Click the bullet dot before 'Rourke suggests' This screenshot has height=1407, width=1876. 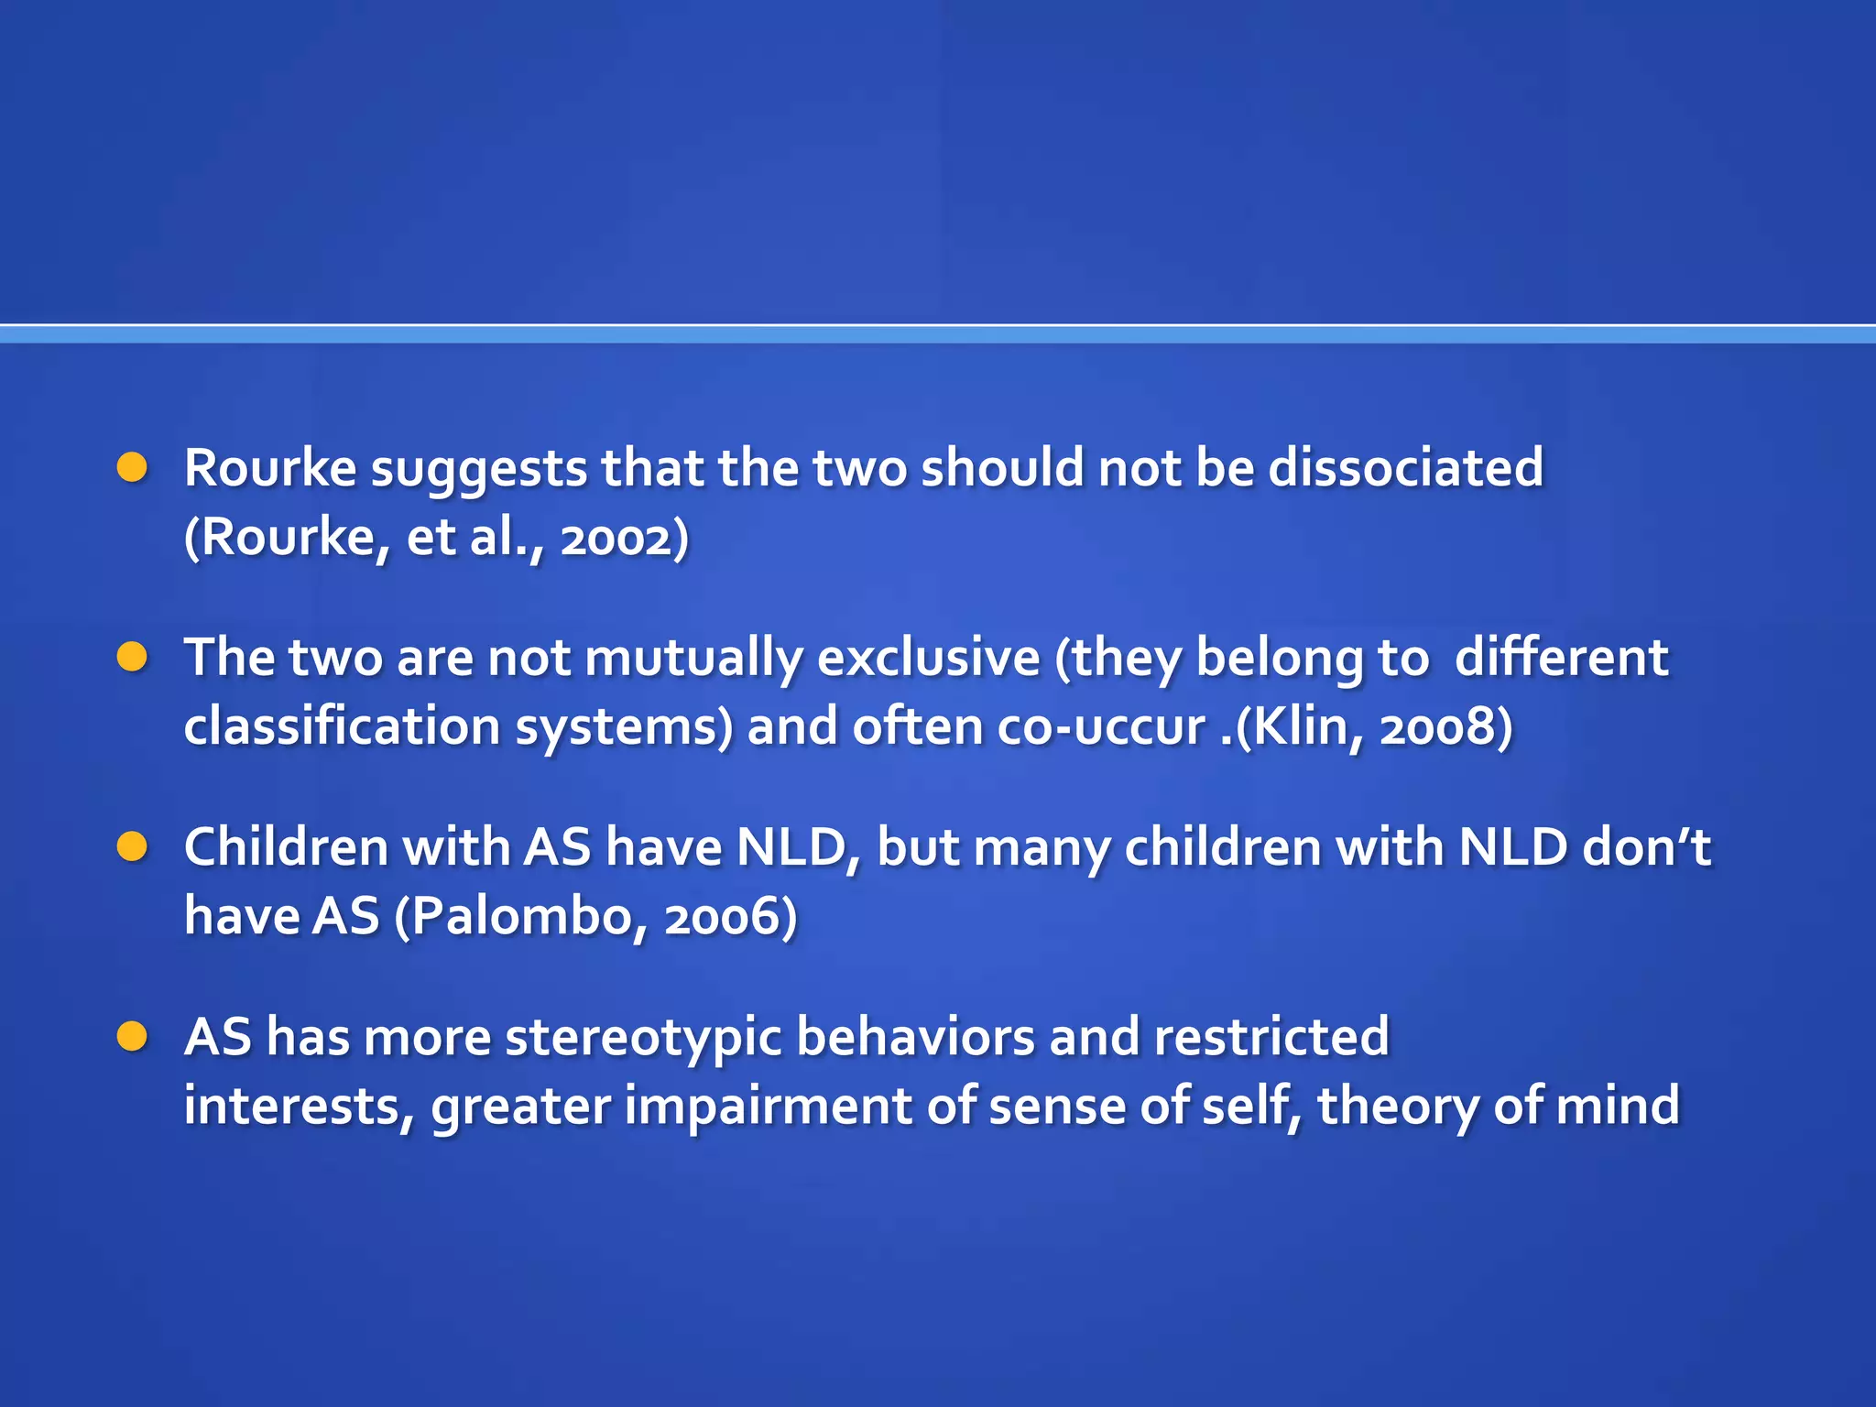(x=133, y=467)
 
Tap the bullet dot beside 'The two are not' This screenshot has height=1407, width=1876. (x=133, y=657)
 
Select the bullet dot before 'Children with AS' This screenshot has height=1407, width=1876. (x=133, y=846)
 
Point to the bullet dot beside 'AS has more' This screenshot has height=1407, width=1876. (x=133, y=1036)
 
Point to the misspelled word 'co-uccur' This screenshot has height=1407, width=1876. (x=1100, y=727)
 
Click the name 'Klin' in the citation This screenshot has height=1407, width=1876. (x=1296, y=727)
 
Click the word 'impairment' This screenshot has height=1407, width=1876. (x=769, y=1106)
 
